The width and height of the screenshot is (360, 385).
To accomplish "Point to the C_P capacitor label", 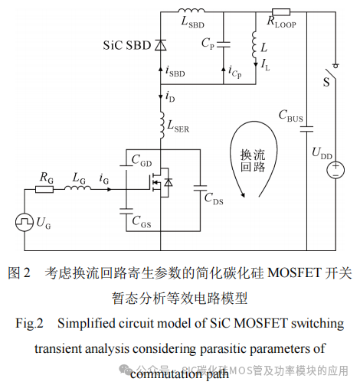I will (206, 44).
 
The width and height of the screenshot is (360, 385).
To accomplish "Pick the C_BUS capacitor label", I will (292, 116).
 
